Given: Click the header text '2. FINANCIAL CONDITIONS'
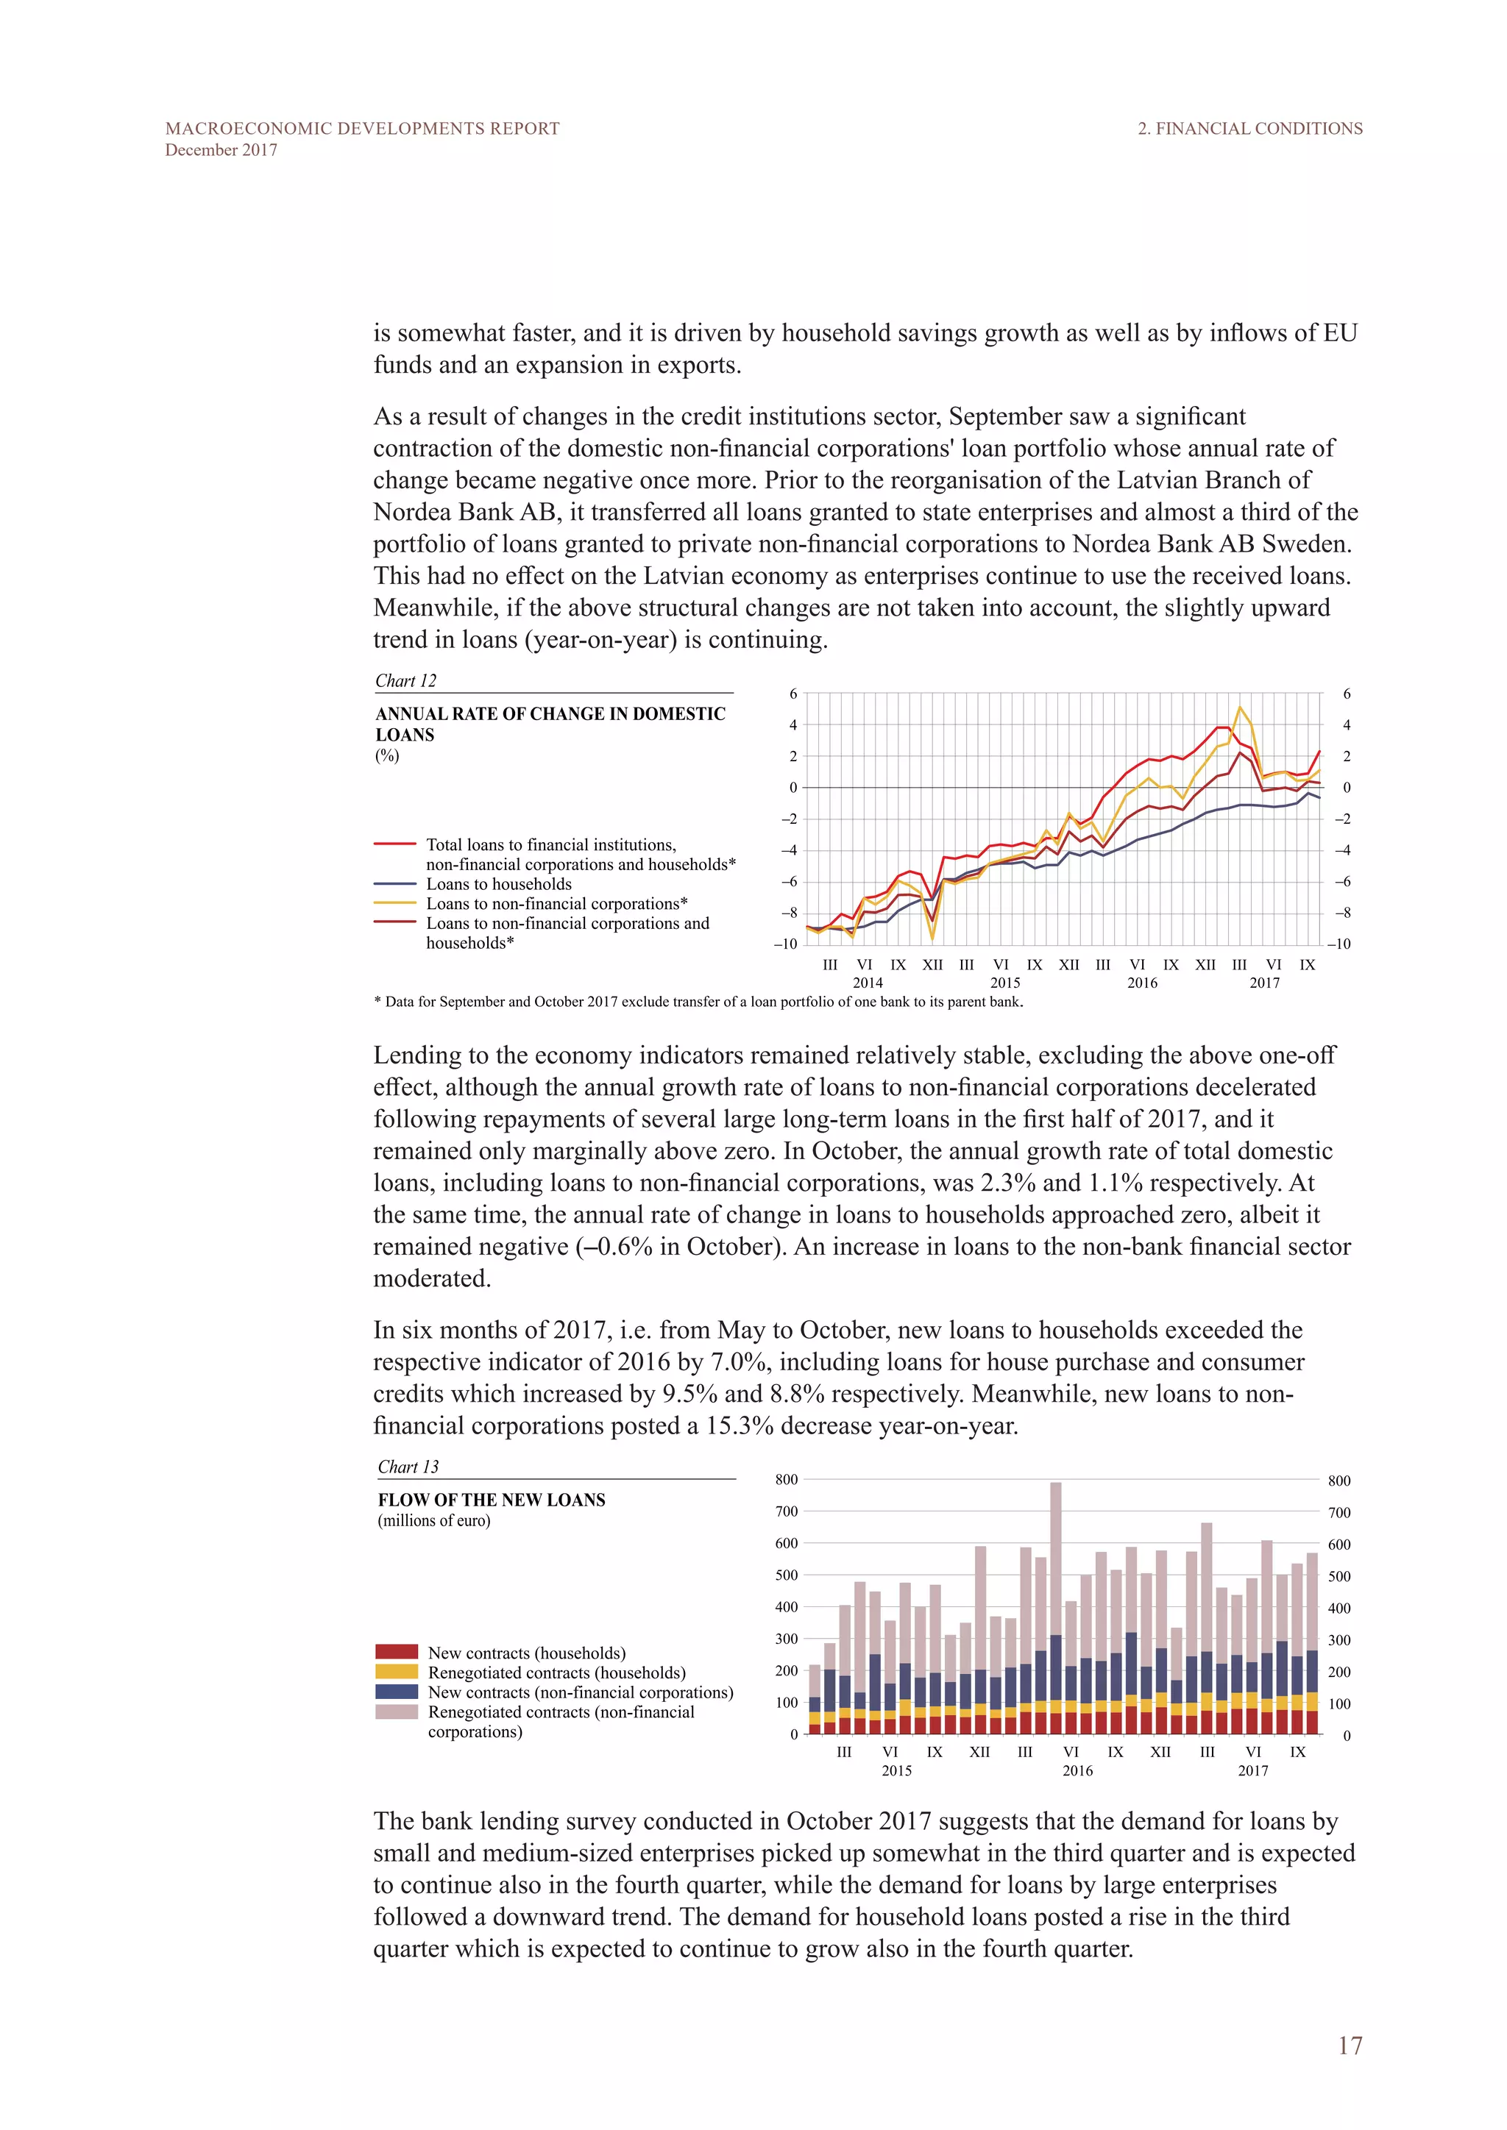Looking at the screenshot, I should click(1250, 129).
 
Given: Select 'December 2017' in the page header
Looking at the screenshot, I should click(221, 150).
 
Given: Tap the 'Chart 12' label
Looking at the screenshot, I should click(405, 681).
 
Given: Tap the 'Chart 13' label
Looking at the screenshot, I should click(408, 1467).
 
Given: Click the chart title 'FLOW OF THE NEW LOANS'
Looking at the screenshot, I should click(491, 1500).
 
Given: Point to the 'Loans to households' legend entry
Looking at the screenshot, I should click(498, 884).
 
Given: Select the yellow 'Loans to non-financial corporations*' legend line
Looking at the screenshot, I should click(395, 904).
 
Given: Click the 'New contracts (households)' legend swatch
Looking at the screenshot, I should click(396, 1652).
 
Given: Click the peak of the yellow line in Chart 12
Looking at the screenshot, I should click(1240, 708).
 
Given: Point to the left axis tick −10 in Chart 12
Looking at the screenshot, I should click(785, 944).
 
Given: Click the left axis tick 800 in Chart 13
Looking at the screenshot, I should click(786, 1480).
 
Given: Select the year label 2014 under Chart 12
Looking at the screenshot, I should click(868, 983).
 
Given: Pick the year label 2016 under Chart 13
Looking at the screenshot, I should click(1077, 1771).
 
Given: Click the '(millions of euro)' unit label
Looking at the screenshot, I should click(433, 1520).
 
